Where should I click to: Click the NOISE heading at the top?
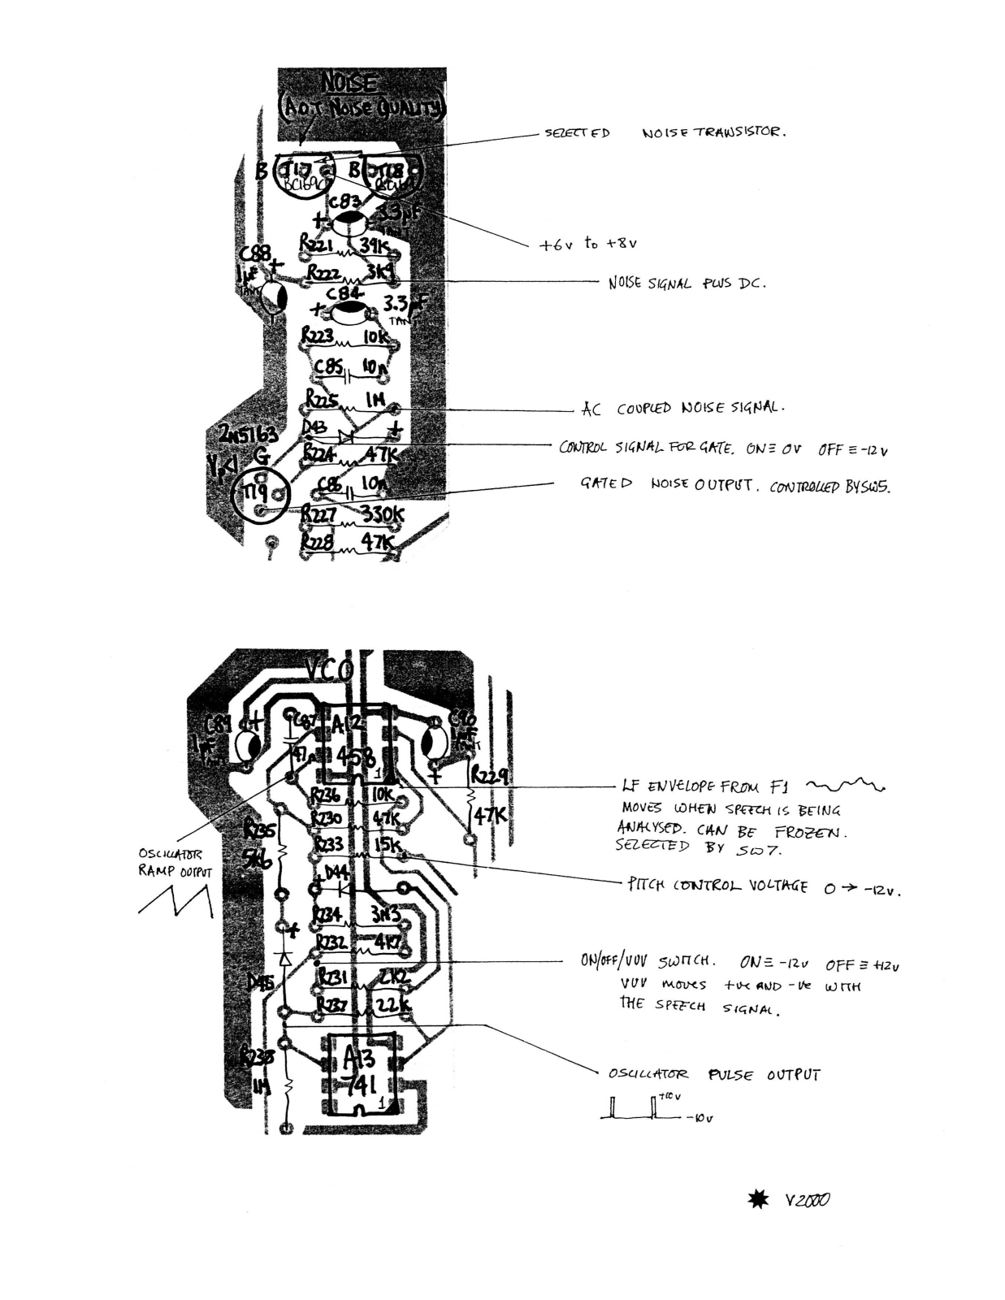pos(350,83)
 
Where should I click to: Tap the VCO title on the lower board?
pos(329,670)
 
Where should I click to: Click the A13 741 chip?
pos(358,1073)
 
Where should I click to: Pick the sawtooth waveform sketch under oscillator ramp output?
pos(175,899)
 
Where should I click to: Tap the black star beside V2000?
pos(757,1199)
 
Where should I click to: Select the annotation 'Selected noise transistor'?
pos(665,132)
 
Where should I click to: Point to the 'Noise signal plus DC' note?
pos(687,284)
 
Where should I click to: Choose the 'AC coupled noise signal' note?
pos(682,409)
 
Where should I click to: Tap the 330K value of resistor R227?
pos(382,514)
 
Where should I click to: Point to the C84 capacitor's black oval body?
pos(351,310)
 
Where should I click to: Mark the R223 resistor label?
pos(318,334)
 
